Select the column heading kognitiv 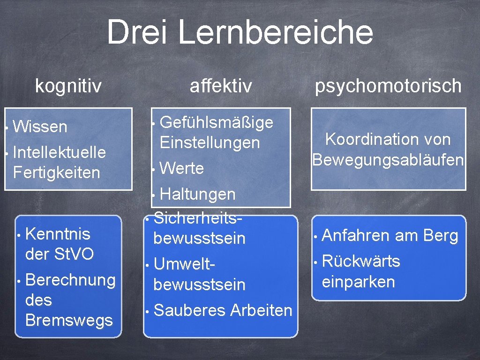(68, 86)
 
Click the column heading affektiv (221, 86)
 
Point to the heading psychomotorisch (388, 86)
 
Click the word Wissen (40, 127)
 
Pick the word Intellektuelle (60, 152)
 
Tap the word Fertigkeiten (57, 172)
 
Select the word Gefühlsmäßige (217, 122)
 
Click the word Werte (182, 168)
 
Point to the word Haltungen (197, 194)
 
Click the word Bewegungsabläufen (388, 160)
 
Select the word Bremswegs (69, 320)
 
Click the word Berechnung (70, 280)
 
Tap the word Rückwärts (361, 261)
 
